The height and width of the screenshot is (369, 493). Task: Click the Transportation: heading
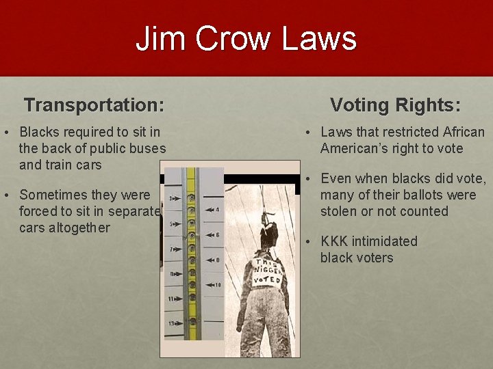(94, 105)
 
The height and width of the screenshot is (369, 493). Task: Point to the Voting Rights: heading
(395, 105)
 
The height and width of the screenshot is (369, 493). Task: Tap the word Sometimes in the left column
(55, 195)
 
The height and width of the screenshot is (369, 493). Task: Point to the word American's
(356, 148)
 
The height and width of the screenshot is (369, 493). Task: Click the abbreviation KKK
(336, 241)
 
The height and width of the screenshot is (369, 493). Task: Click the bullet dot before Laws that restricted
(309, 133)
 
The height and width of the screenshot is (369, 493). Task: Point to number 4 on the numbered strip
(217, 210)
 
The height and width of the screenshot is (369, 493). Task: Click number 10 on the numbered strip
(218, 284)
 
